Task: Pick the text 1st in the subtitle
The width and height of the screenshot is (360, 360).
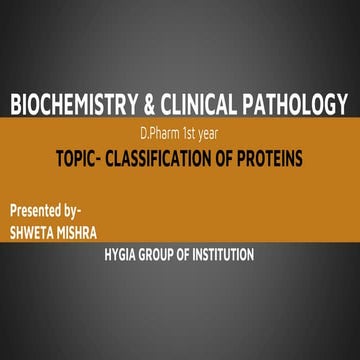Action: coord(190,136)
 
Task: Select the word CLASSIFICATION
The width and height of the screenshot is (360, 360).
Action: coord(178,158)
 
